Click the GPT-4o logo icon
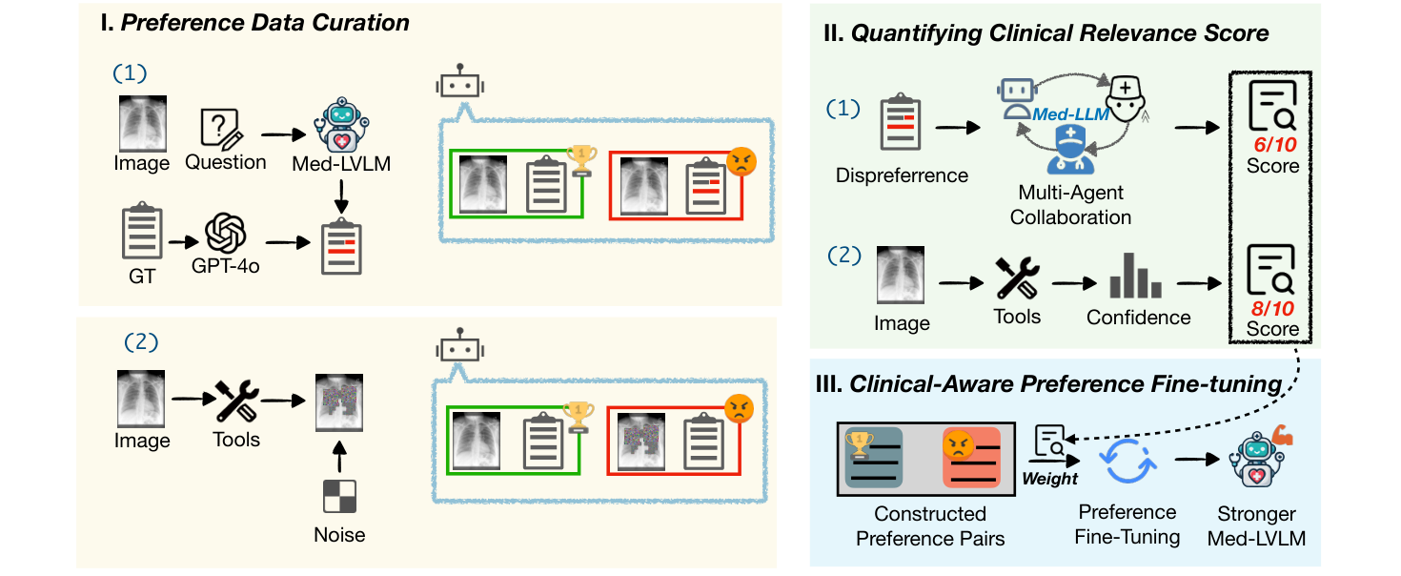225,232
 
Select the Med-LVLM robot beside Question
340,125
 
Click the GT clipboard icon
141,230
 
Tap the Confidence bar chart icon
1136,276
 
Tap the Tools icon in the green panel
1017,276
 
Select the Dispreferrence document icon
901,124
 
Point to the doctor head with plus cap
1127,95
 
